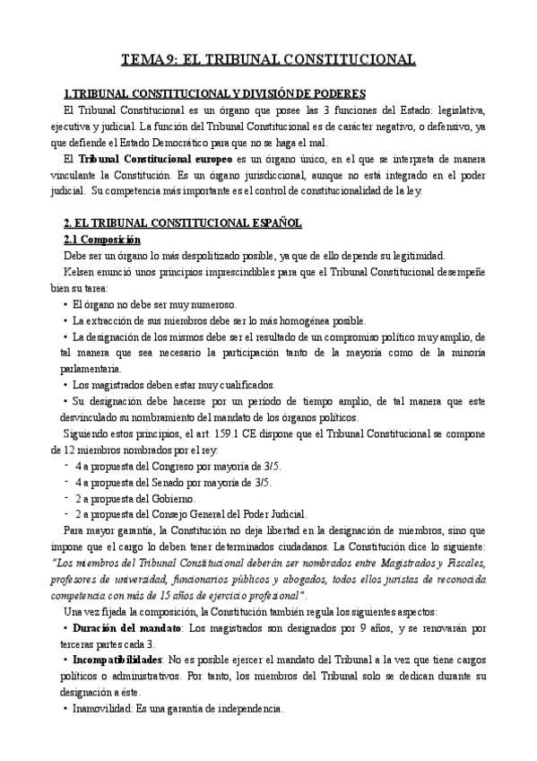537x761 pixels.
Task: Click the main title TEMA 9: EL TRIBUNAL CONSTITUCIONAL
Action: (268, 60)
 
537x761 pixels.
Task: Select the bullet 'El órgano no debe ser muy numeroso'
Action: (153, 305)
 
